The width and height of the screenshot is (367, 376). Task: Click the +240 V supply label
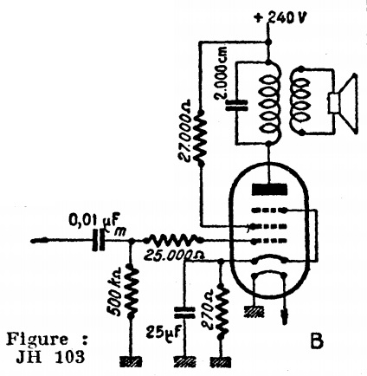(280, 18)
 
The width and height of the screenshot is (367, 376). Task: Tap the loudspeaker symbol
(344, 105)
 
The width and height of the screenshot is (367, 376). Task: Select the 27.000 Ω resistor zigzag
(201, 138)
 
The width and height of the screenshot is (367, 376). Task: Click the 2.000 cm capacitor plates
(236, 106)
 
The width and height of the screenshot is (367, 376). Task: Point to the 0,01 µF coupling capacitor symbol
(99, 240)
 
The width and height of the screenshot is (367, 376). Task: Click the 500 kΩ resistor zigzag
(132, 292)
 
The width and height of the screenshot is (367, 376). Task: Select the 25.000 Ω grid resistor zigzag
(173, 239)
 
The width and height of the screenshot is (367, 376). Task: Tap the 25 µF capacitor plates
(184, 313)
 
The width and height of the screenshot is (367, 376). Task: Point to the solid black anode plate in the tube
(270, 190)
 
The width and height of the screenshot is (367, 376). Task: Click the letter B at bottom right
(317, 340)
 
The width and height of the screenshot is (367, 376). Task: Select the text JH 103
(51, 357)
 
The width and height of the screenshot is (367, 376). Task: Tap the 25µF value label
(164, 331)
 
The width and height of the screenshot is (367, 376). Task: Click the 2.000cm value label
(222, 73)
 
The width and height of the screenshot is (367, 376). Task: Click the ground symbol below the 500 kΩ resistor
(131, 362)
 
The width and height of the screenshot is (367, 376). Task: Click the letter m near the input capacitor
(119, 232)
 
